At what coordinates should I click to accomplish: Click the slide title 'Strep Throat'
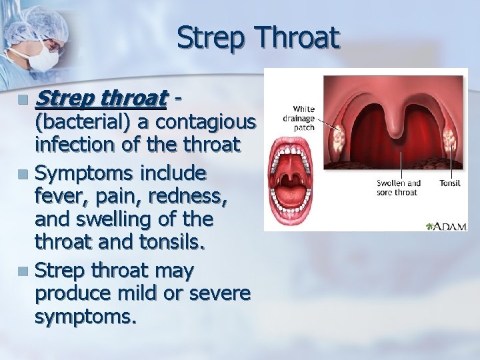[x=258, y=38]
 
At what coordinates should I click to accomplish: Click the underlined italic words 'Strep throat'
[x=100, y=99]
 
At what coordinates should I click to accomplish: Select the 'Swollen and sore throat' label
[x=398, y=187]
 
